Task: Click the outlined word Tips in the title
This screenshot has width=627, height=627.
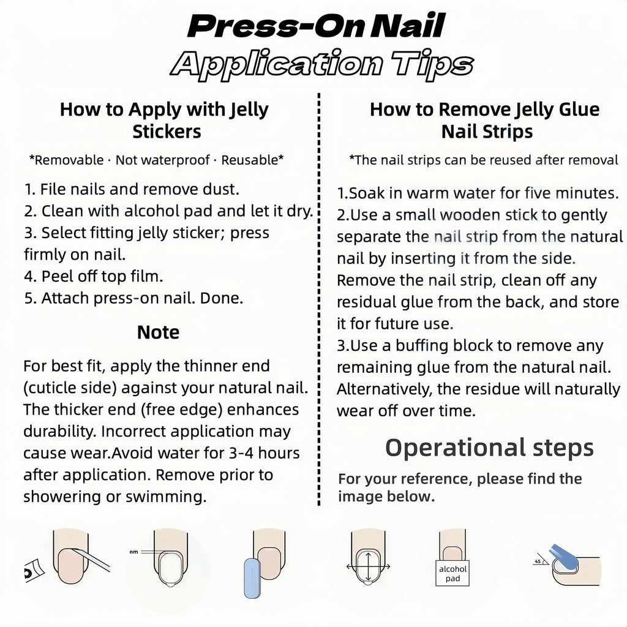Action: (x=432, y=64)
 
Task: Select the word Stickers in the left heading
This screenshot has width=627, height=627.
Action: (x=167, y=132)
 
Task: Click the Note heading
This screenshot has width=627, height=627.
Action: (x=158, y=332)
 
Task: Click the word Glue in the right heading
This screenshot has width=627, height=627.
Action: (x=579, y=109)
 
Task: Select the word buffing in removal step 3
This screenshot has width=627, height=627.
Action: (x=422, y=346)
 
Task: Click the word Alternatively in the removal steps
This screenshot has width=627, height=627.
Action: (x=385, y=389)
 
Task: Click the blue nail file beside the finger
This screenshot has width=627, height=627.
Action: (x=252, y=578)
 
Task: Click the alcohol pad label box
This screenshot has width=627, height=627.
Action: (x=452, y=573)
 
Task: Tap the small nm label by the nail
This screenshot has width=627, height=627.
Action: (x=133, y=552)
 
